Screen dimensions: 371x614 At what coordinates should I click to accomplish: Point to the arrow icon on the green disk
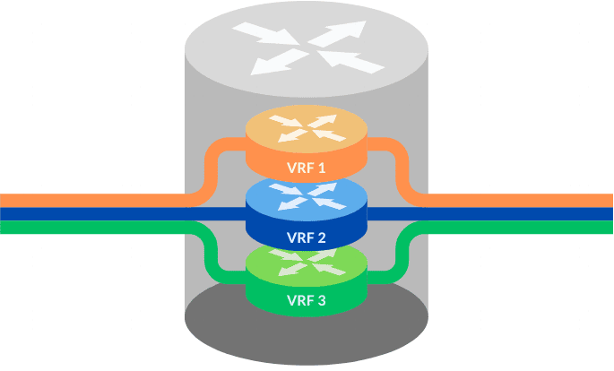click(307, 263)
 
